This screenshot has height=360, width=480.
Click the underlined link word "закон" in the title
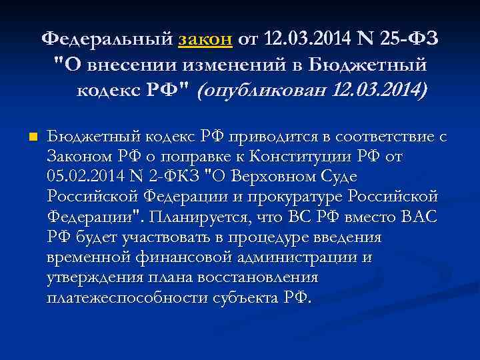pos(205,40)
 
